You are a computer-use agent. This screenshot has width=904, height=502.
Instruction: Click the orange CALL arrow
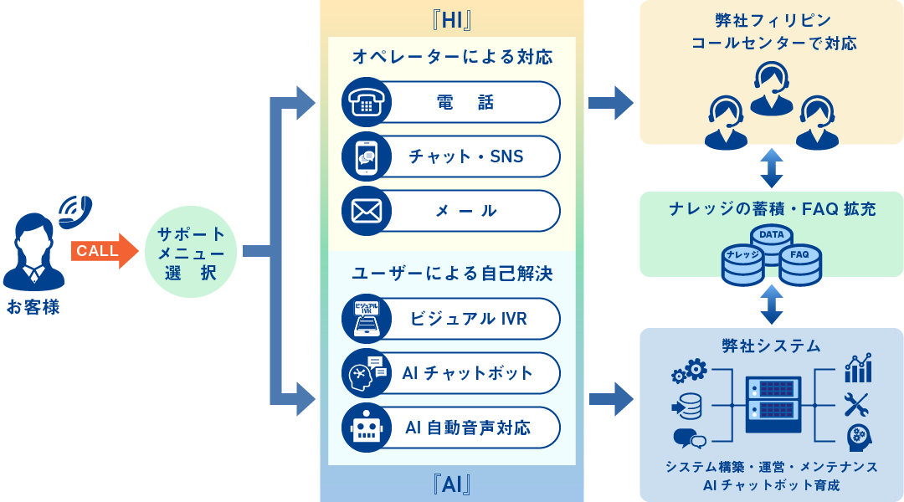click(x=103, y=251)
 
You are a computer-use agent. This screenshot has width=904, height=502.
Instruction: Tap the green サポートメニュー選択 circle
click(x=191, y=251)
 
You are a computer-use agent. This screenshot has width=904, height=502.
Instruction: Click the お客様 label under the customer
click(x=33, y=307)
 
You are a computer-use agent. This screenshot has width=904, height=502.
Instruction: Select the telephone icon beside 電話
click(x=367, y=102)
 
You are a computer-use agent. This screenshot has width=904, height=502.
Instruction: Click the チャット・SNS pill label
click(x=465, y=156)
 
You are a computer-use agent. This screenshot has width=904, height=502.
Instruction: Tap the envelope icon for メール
click(x=367, y=211)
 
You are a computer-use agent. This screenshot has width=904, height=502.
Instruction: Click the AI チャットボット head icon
click(x=367, y=373)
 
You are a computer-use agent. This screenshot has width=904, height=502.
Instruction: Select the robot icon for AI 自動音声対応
click(x=367, y=428)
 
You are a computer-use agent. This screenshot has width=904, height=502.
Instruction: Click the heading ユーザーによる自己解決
click(x=452, y=274)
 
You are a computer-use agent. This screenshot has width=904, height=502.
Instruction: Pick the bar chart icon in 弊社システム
click(x=858, y=368)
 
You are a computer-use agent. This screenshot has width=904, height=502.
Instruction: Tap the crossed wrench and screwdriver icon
click(x=857, y=404)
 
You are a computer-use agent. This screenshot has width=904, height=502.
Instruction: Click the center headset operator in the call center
click(x=771, y=88)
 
